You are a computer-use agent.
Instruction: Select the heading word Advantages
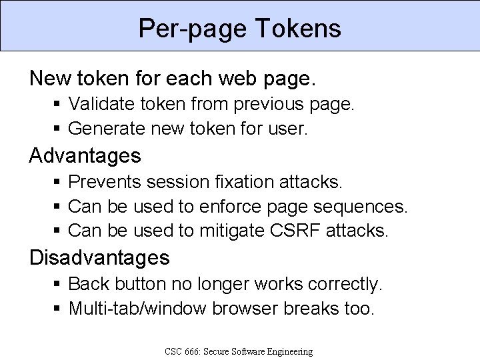pyautogui.click(x=85, y=156)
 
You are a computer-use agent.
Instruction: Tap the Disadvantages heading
pyautogui.click(x=99, y=257)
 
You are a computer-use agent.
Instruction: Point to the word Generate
pyautogui.click(x=99, y=128)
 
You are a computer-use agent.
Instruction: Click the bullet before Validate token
pyautogui.click(x=59, y=104)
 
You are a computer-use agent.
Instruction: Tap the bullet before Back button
pyautogui.click(x=59, y=284)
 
